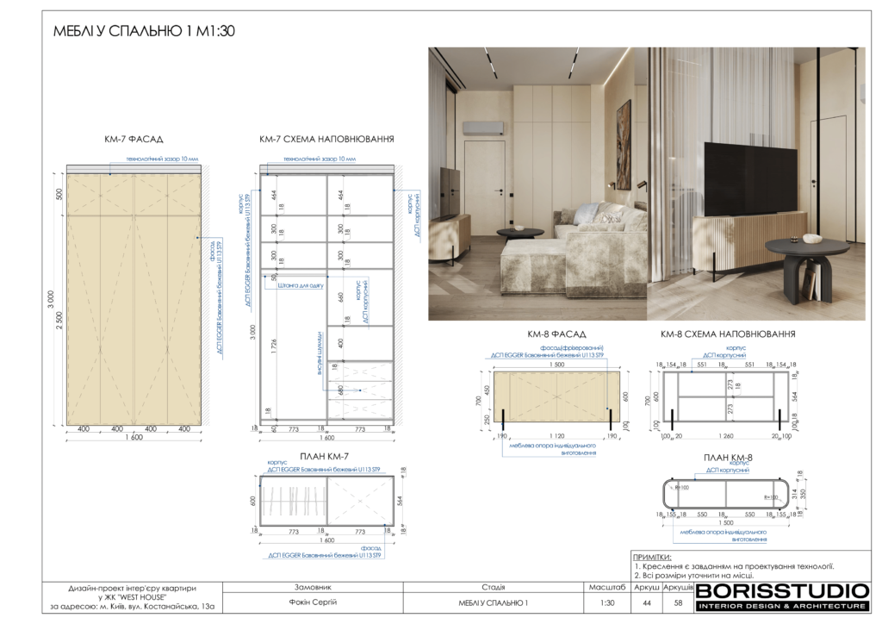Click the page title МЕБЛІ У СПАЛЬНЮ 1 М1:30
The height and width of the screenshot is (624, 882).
[144, 31]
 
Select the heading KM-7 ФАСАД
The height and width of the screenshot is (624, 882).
[133, 139]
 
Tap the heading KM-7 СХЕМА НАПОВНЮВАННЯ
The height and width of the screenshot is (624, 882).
[326, 139]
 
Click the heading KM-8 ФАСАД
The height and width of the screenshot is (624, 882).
[556, 334]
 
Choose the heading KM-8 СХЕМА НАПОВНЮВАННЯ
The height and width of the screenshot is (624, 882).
[728, 334]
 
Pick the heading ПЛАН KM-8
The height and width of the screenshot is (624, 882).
[729, 457]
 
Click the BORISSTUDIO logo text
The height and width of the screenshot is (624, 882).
[782, 591]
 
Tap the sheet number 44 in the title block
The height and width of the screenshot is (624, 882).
[647, 602]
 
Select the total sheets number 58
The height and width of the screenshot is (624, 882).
[678, 602]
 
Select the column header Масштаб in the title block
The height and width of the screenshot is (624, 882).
[607, 586]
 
